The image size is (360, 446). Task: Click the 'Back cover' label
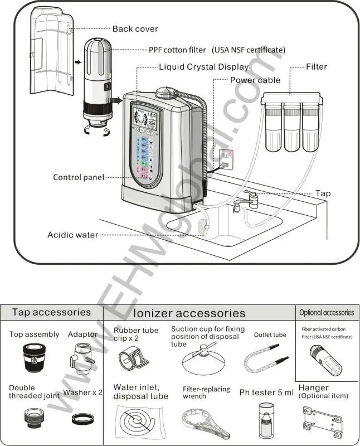(x=135, y=29)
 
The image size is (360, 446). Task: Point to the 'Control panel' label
(x=79, y=177)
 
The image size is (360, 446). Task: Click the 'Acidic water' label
(x=72, y=235)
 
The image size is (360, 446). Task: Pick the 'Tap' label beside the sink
(x=323, y=193)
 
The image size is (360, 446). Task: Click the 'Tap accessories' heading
(x=51, y=312)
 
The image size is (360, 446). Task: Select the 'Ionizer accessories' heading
(x=189, y=313)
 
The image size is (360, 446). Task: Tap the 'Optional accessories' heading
(x=327, y=313)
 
